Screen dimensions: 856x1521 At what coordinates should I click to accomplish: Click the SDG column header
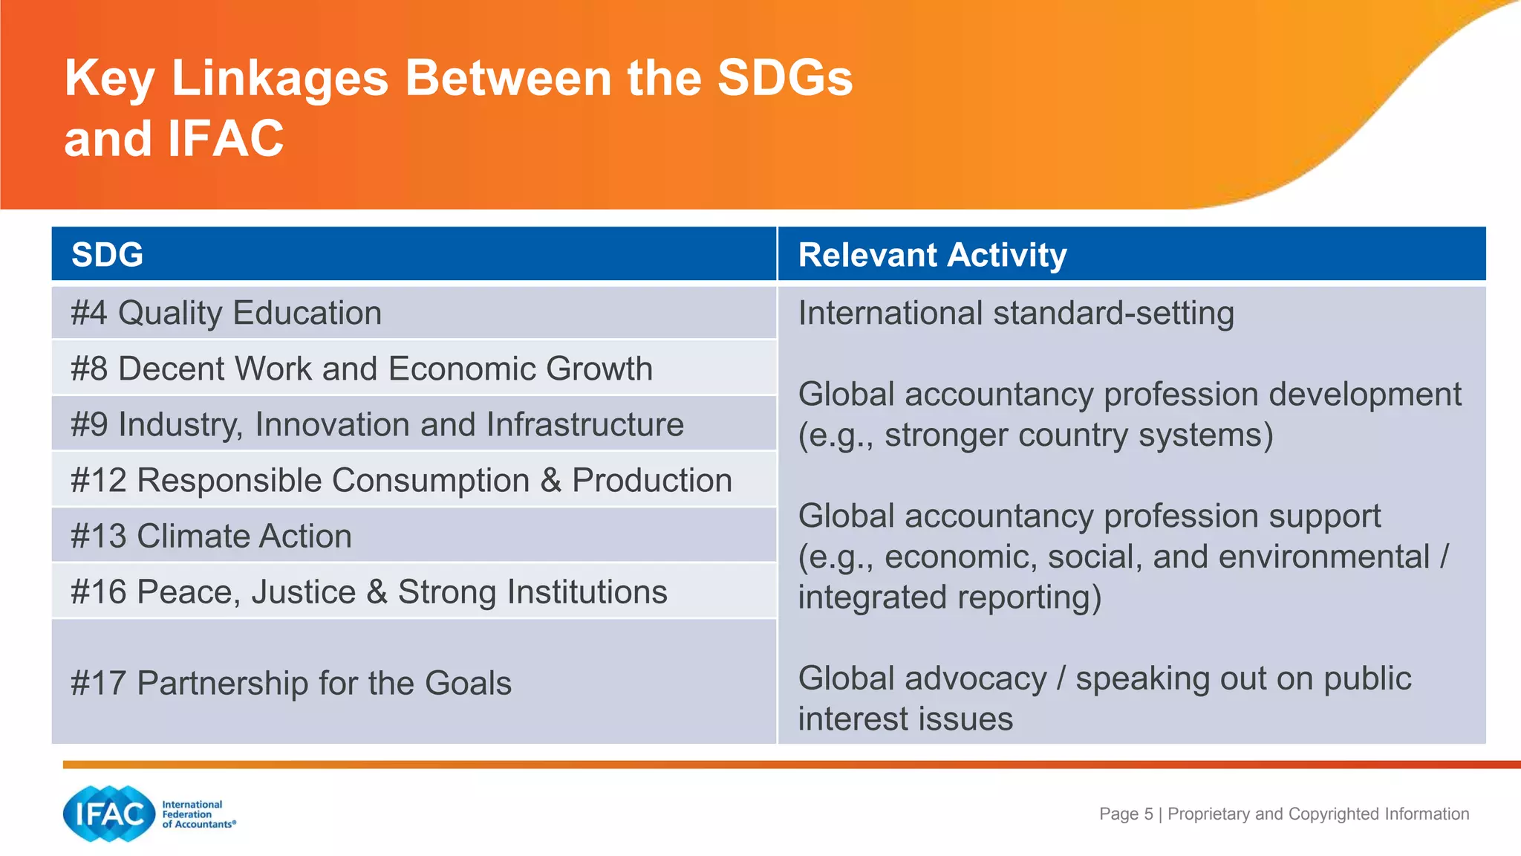coord(108,255)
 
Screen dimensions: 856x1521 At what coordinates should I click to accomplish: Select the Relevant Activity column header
coord(932,255)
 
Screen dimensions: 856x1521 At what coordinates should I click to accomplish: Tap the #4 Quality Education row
coord(227,313)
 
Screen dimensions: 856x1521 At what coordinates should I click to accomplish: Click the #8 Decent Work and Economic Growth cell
coord(362,369)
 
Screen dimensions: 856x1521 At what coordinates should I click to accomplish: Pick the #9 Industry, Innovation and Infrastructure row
coord(377,424)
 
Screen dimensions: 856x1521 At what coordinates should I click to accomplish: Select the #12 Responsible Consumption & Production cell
coord(401,480)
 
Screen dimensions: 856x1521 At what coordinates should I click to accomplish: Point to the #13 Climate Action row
coord(211,536)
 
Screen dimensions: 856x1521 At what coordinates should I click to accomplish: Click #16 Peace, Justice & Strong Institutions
coord(369,592)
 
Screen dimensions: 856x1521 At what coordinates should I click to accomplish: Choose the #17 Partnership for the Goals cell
coord(291,683)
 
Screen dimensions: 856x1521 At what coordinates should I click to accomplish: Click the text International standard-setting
coord(1016,313)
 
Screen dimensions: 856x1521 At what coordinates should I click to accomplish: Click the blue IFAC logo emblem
coord(110,814)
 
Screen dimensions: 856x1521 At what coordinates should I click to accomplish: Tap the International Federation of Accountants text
coord(198,814)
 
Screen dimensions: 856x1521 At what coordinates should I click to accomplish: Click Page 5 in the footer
coord(1126,814)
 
